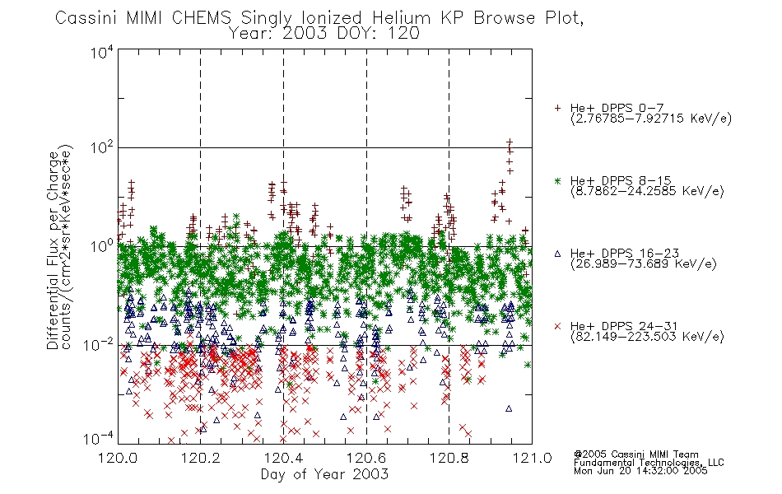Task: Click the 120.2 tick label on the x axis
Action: (201, 458)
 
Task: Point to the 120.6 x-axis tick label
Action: (366, 458)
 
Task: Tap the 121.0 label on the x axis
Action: (532, 458)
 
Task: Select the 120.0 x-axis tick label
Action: (118, 458)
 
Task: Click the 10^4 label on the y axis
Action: (102, 52)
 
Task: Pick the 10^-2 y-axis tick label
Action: (99, 344)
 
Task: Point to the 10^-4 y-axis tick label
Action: (99, 438)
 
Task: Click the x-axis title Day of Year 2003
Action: (324, 474)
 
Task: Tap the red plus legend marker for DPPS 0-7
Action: (557, 108)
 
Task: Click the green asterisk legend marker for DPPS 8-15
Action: (557, 180)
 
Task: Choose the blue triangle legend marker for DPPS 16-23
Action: (557, 254)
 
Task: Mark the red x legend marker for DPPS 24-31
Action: (557, 326)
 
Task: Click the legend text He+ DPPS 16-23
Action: (625, 253)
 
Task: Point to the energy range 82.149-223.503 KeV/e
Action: (647, 337)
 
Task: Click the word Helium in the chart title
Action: (401, 18)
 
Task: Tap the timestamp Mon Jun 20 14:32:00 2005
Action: (640, 471)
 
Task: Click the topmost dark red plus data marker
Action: (510, 142)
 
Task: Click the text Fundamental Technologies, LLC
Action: (649, 463)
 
